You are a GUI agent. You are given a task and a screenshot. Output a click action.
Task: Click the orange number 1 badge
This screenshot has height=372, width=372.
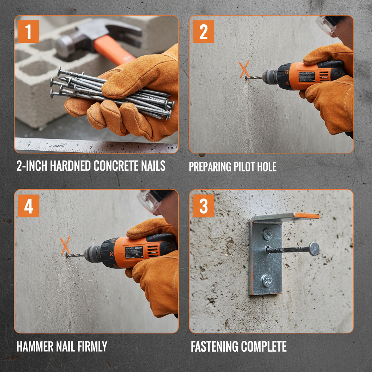tap(28, 32)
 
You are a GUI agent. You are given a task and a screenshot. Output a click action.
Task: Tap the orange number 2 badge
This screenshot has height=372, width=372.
tap(203, 32)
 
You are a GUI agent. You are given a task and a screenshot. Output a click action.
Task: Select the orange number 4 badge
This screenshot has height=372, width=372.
tap(28, 206)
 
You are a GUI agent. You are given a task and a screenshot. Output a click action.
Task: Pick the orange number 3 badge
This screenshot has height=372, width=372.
tap(203, 206)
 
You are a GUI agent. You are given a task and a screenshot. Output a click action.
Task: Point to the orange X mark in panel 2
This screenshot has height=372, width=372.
tap(244, 69)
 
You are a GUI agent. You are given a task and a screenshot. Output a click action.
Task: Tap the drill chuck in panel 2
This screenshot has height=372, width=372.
tap(270, 76)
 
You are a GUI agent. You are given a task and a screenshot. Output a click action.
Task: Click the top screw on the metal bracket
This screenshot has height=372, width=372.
tap(268, 234)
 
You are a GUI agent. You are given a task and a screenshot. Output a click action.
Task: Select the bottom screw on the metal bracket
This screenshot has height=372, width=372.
tap(267, 280)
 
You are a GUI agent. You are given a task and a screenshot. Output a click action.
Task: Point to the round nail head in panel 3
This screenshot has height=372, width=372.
tap(314, 249)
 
